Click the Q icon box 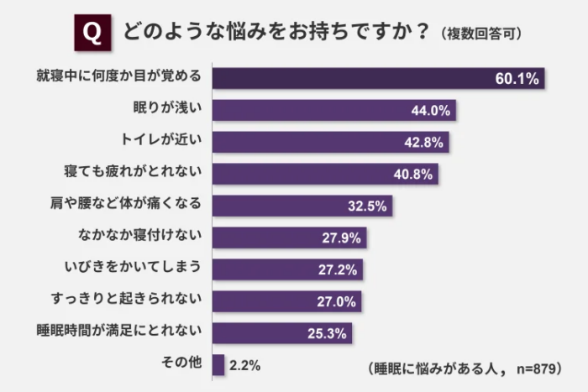coord(93,33)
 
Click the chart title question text coord(276,33)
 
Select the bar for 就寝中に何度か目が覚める coord(378,78)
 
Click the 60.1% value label coord(516,79)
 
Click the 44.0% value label coord(431,111)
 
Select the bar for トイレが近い coord(329,142)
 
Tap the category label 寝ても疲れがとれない coord(134,174)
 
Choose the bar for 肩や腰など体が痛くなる coord(302,206)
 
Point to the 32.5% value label coord(366,206)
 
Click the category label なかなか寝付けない coord(140,238)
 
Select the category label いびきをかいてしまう coord(134,269)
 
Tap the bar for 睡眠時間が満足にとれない coord(281,333)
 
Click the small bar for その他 coord(218,365)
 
